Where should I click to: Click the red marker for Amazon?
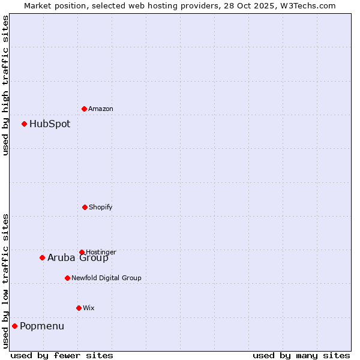point(84,109)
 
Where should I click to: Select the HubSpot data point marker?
point(24,124)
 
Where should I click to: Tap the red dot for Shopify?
point(85,207)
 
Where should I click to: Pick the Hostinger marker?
point(82,252)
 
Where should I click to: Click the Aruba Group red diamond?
point(42,257)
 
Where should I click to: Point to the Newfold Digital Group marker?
point(67,278)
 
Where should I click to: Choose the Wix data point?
point(79,308)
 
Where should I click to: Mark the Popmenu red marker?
point(14,326)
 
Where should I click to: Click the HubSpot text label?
point(50,124)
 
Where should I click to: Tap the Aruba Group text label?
point(78,258)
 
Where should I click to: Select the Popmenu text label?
point(42,326)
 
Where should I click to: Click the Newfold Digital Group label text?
point(106,278)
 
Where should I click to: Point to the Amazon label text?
point(101,109)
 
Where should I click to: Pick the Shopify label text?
point(101,208)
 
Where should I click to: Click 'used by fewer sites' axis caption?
point(62,356)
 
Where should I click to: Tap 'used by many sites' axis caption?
point(301,356)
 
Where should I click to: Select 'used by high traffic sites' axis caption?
point(6,85)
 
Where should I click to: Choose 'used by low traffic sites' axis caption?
point(6,281)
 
